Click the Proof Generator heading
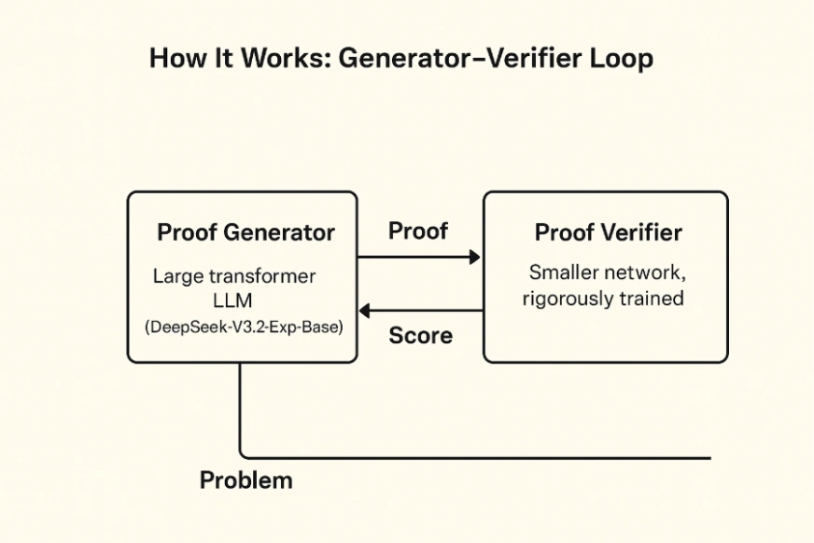tap(246, 232)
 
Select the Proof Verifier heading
tap(608, 232)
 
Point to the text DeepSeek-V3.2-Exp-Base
tap(244, 328)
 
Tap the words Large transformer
tap(234, 277)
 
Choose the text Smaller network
tap(608, 273)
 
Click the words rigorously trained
tap(603, 299)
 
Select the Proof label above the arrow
tap(417, 230)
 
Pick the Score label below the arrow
tap(420, 336)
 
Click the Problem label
tap(246, 480)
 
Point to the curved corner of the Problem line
tap(244, 454)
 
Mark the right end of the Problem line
tap(709, 458)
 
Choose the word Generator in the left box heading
tap(279, 232)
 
